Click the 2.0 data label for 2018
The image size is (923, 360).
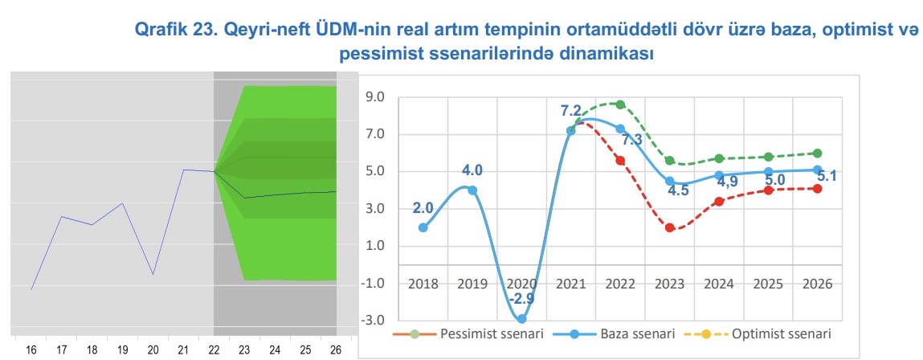[x=423, y=208]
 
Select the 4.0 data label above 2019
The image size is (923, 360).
[x=472, y=170]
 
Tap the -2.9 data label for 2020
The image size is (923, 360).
[x=521, y=298]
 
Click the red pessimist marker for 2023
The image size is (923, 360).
[x=669, y=227]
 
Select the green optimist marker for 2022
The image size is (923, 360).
[x=620, y=104]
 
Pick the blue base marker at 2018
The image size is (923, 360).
[x=423, y=227]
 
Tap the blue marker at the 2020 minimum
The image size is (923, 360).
[x=521, y=318]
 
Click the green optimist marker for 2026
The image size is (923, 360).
[x=818, y=153]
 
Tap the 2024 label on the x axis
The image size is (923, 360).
[x=719, y=284]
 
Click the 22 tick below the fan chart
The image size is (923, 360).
[x=214, y=350]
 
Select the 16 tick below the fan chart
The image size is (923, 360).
[x=31, y=350]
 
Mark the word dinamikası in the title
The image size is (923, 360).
[x=606, y=55]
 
